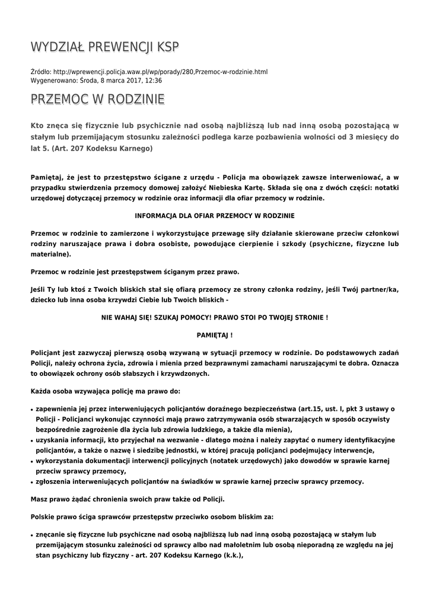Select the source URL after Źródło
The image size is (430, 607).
coord(160,72)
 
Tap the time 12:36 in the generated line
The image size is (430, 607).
coord(153,80)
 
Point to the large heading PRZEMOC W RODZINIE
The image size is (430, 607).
coord(97,100)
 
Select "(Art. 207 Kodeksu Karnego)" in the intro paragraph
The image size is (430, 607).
coord(104,148)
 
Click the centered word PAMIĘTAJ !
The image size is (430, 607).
coord(215,334)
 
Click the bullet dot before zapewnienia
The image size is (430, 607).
coord(31,410)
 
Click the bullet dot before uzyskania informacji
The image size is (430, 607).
coord(31,440)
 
